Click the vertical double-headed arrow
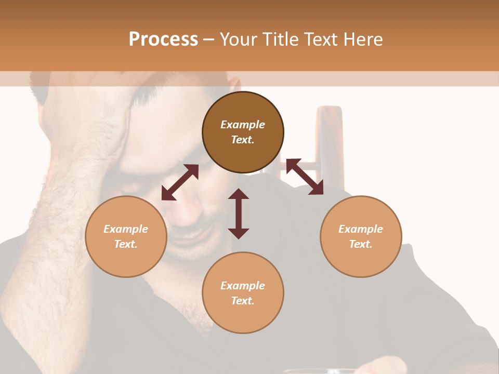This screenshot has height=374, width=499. coord(239,213)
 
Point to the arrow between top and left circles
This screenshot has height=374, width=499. coord(180,182)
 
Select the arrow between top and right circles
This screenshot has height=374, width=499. coord(305,177)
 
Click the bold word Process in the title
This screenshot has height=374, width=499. coord(163,39)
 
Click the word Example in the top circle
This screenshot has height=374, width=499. coord(243,125)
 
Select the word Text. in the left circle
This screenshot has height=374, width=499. coord(126,244)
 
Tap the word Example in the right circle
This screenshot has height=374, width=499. coord(361,229)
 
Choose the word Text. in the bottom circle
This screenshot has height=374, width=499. coord(243,301)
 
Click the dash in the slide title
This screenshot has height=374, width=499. coord(208,40)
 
